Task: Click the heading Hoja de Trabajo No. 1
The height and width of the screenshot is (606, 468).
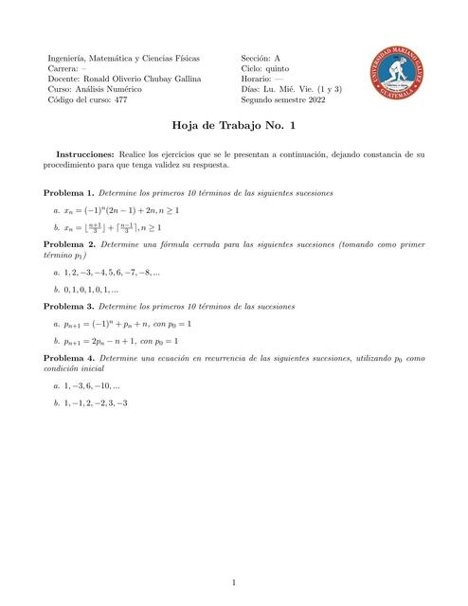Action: pyautogui.click(x=234, y=124)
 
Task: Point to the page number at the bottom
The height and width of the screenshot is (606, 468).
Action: pyautogui.click(x=234, y=580)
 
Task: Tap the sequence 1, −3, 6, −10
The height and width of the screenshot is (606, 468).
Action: pyautogui.click(x=90, y=386)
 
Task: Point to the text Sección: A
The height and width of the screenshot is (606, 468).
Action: pyautogui.click(x=261, y=59)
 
